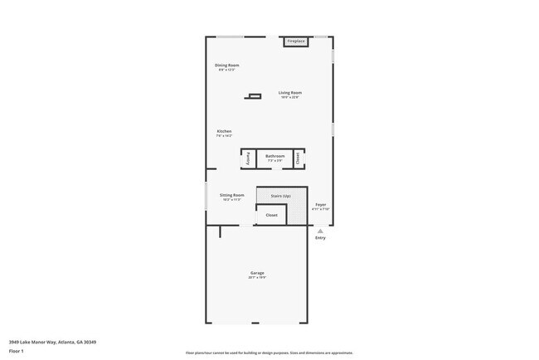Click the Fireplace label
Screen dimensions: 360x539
(x=296, y=41)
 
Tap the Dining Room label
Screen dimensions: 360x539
(x=226, y=65)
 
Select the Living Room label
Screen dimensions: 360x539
(x=289, y=92)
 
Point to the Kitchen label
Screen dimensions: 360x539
(x=224, y=131)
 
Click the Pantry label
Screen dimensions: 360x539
(x=248, y=158)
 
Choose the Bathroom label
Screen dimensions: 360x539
(x=274, y=156)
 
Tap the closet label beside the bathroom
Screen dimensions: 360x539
(x=298, y=158)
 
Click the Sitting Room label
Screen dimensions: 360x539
(x=231, y=195)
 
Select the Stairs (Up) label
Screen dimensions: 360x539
(x=280, y=196)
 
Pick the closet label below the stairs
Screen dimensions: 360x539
(x=271, y=215)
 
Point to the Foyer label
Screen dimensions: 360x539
(x=320, y=204)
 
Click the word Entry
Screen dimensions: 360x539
(x=320, y=238)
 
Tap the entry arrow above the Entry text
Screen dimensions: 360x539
(x=320, y=230)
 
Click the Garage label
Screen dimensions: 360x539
(x=257, y=273)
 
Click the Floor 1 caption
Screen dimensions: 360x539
(x=17, y=351)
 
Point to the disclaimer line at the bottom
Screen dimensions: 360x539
(x=269, y=353)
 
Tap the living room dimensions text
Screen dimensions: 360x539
(x=289, y=98)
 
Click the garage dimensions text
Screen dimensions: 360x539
(x=257, y=278)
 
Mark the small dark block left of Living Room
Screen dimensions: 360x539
(x=253, y=97)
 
